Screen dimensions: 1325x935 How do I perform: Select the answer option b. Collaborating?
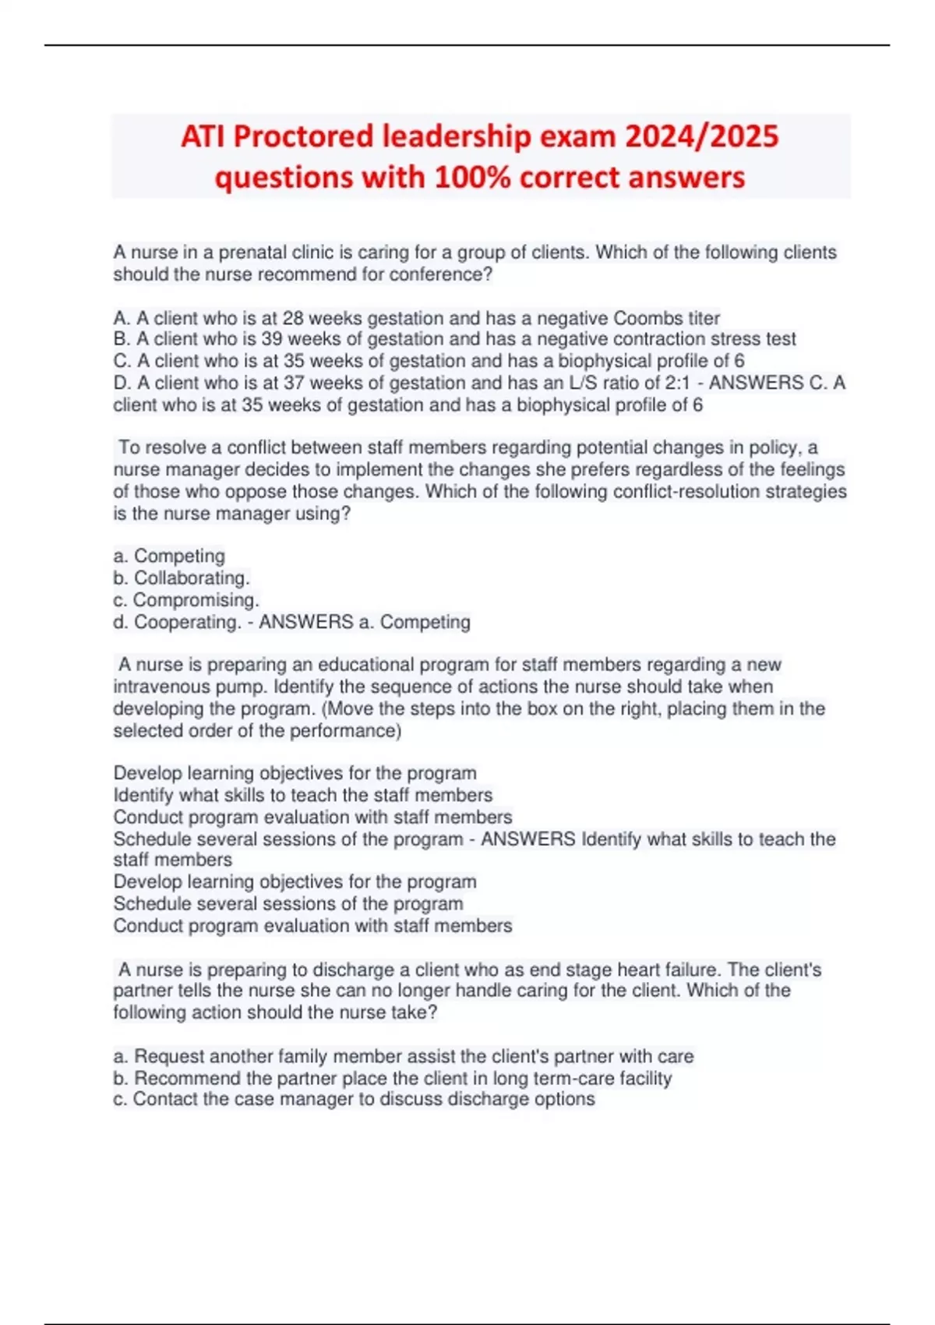pyautogui.click(x=182, y=578)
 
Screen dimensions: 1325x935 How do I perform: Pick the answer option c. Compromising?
pyautogui.click(x=186, y=599)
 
